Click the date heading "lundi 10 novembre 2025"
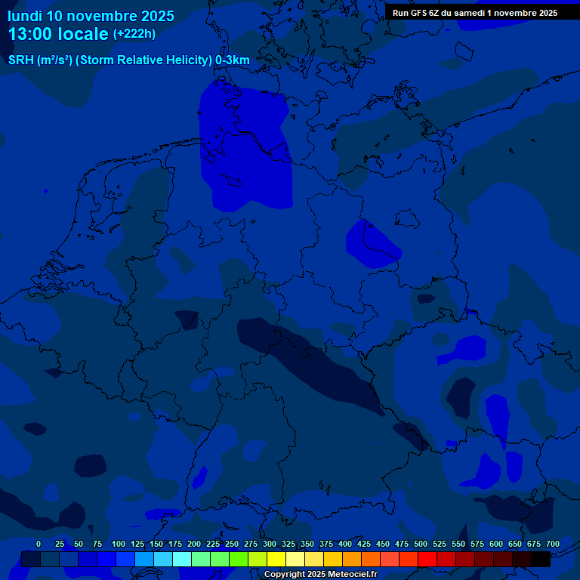[91, 16]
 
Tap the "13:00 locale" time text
[58, 34]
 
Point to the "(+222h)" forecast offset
[134, 34]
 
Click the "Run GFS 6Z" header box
[475, 13]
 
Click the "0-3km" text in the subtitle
[233, 60]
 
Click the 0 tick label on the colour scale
[39, 544]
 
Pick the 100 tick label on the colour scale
[119, 544]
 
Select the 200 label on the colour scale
[194, 544]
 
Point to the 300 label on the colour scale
[270, 544]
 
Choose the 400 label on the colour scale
[345, 544]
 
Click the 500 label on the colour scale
[421, 544]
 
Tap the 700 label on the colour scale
[553, 544]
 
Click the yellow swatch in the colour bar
[276, 560]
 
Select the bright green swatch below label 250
[220, 560]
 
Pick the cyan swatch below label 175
[182, 560]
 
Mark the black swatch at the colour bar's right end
[541, 560]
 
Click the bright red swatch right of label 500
[427, 560]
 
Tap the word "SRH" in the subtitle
[21, 60]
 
